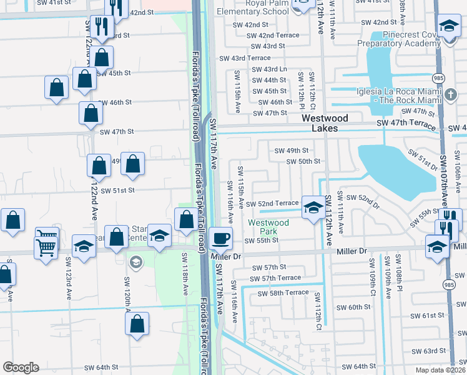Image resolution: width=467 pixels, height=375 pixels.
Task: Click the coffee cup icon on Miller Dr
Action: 220,237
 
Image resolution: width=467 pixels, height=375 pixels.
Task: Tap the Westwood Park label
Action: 268,227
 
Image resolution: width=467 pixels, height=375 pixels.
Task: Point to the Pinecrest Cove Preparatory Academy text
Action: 398,39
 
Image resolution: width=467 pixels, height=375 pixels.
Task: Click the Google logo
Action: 21,367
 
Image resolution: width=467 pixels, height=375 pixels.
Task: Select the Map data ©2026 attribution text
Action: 440,370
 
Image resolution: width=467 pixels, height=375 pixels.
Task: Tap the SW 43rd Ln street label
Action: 270,69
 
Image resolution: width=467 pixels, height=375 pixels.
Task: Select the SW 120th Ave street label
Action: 127,291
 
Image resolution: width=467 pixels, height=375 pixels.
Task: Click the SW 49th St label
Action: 292,150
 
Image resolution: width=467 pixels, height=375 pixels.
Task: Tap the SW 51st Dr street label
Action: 423,161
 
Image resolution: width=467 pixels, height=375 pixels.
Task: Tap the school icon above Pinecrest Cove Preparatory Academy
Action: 448,26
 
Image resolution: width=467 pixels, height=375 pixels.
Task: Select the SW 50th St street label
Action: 303,161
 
